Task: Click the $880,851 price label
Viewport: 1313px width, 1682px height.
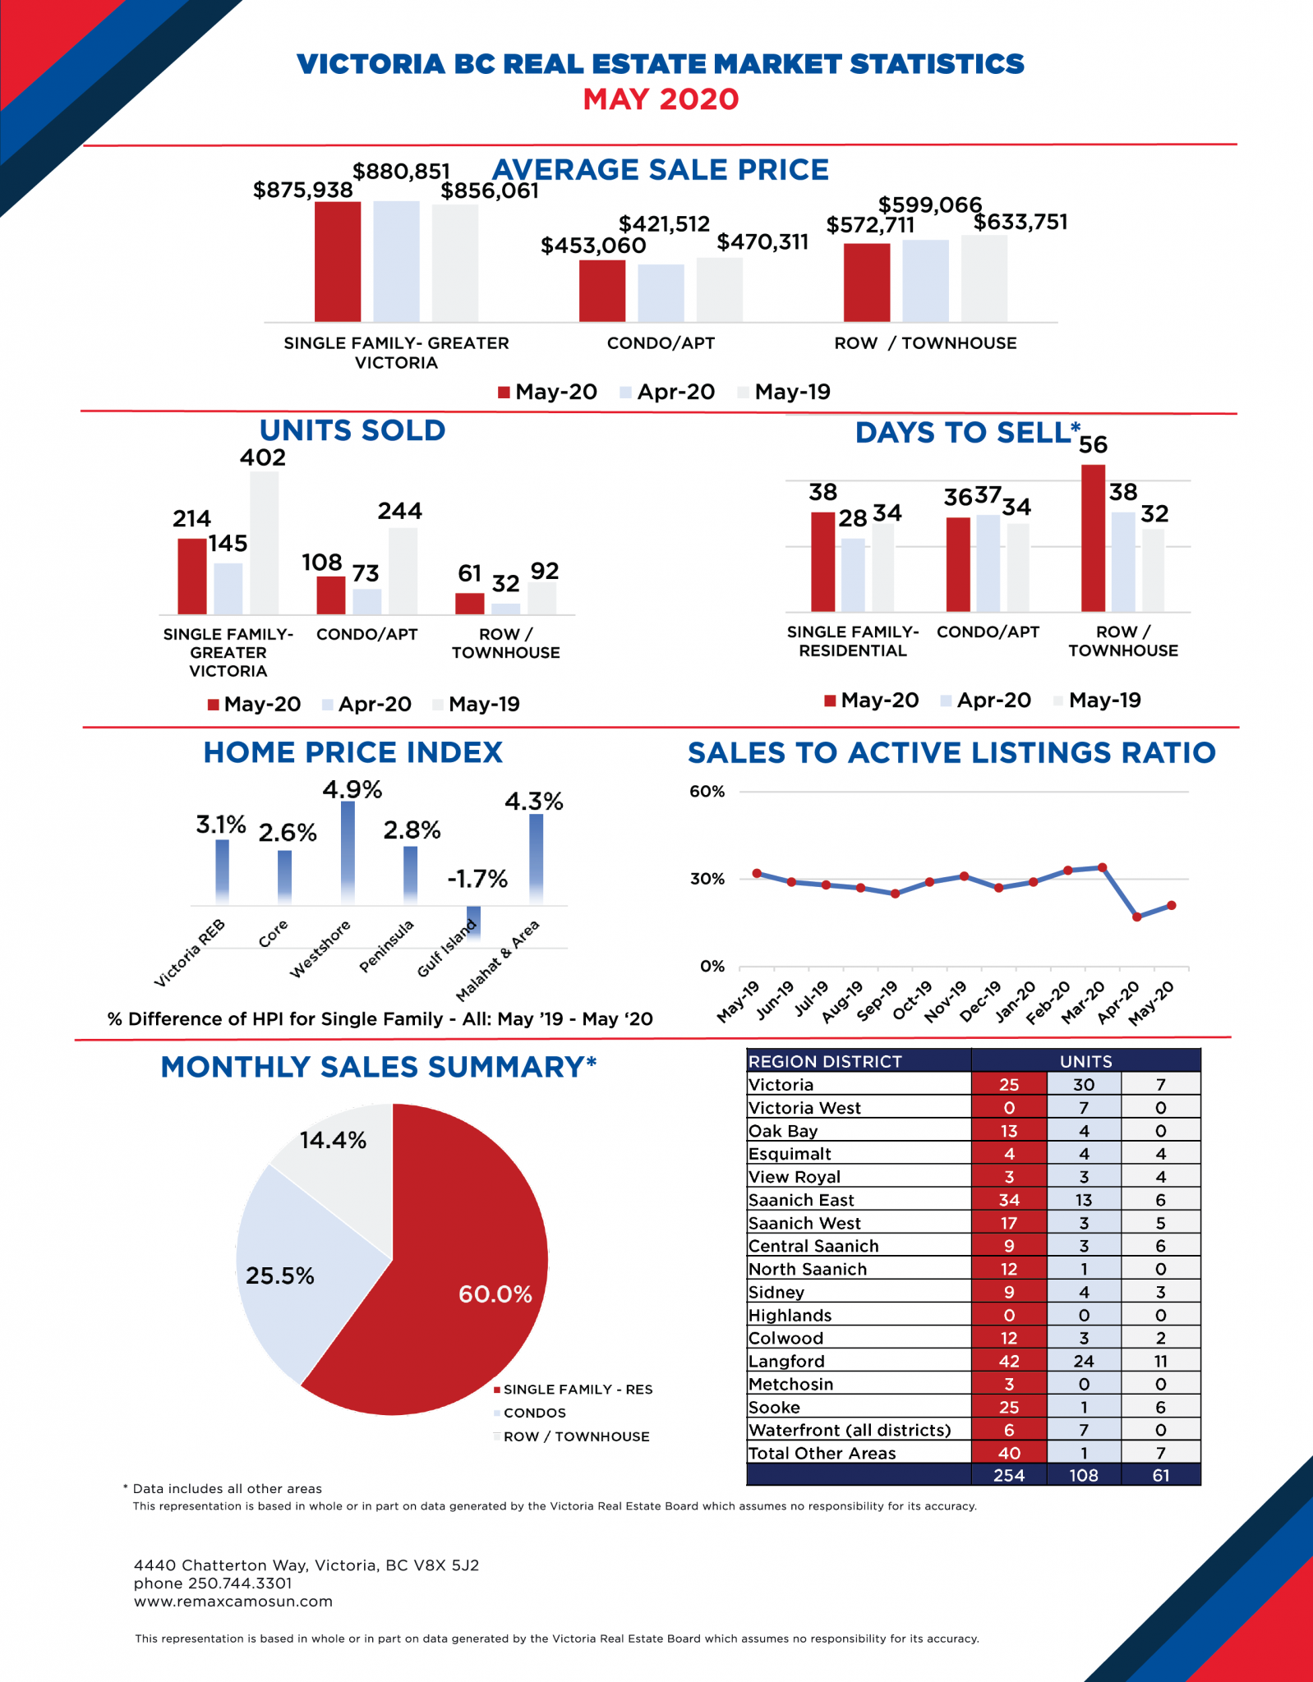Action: point(401,171)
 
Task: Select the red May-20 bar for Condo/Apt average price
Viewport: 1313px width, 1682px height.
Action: point(601,291)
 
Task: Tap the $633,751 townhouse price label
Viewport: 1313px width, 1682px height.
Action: point(1020,223)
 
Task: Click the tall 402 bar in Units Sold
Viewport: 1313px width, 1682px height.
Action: point(264,542)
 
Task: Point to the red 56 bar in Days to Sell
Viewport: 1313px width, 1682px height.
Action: point(1093,538)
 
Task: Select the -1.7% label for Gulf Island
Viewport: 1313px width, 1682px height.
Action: point(477,879)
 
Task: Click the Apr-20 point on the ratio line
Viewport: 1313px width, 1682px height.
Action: point(1137,917)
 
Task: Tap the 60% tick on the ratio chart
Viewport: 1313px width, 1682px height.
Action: point(707,792)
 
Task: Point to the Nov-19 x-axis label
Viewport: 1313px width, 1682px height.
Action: point(946,1002)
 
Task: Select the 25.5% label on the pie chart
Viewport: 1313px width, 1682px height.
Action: point(279,1275)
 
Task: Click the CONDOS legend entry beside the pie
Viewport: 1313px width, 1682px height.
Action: point(534,1413)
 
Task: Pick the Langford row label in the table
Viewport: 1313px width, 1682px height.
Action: point(786,1361)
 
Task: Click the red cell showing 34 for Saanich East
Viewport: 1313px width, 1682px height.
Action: point(1009,1200)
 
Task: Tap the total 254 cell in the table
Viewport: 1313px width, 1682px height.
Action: point(1009,1475)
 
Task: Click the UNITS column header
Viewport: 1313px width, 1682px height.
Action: point(1085,1061)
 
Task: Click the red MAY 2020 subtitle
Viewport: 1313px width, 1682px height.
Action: point(661,99)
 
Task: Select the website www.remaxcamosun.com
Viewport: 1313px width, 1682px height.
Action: point(233,1601)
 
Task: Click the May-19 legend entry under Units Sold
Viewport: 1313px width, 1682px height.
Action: point(483,704)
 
